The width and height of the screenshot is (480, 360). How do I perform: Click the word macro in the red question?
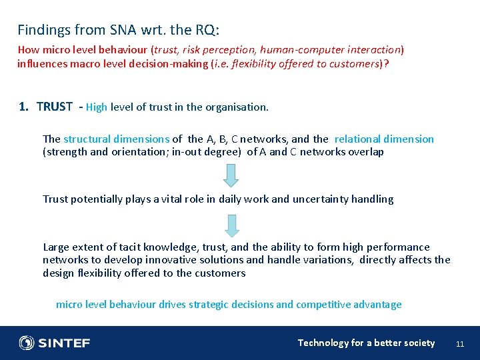72,64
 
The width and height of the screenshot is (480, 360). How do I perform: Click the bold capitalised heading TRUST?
55,107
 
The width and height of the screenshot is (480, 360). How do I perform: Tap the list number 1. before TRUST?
23,107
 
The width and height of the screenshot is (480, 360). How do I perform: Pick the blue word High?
96,107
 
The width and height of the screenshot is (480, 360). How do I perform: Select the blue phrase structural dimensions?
116,139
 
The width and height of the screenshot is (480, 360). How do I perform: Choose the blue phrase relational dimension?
384,139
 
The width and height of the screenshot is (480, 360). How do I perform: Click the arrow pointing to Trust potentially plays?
231,175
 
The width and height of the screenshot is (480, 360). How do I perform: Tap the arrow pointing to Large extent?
231,225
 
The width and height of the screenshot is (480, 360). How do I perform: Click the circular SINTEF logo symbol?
27,343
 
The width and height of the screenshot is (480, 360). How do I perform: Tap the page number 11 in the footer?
459,344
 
